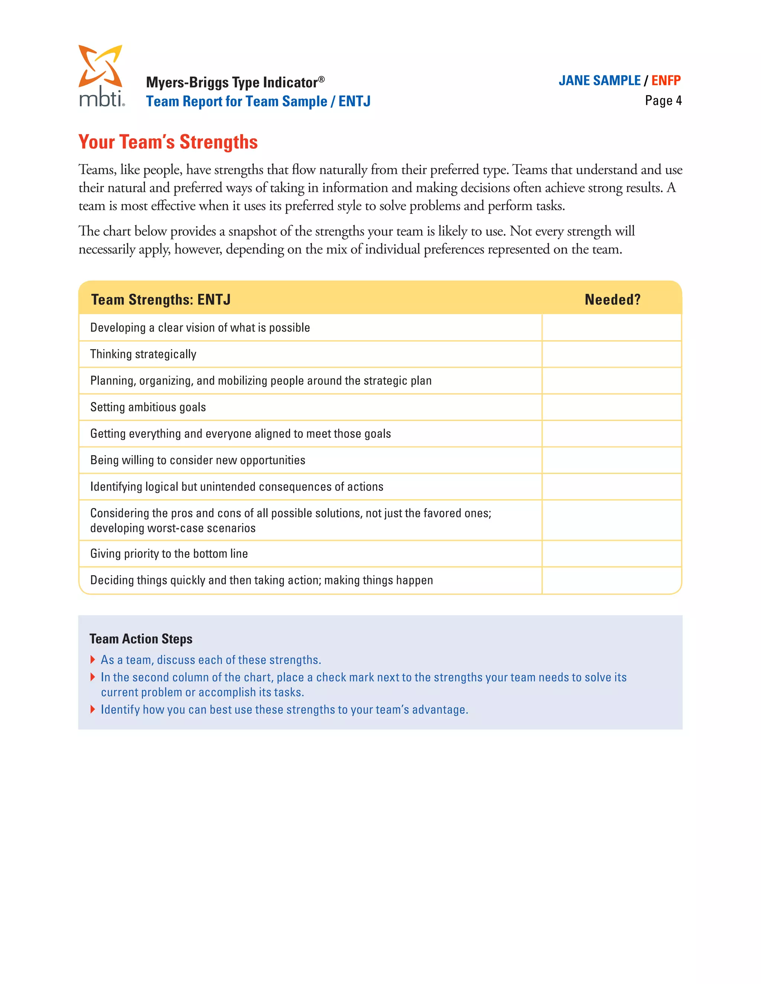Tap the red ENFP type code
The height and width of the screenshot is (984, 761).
click(x=666, y=81)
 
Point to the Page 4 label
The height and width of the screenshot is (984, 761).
click(x=663, y=101)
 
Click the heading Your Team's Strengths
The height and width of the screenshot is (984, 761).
click(x=168, y=142)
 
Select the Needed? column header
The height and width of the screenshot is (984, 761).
click(x=612, y=300)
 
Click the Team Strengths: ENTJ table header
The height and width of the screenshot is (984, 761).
click(x=161, y=300)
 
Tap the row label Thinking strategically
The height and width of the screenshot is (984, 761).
click(x=143, y=354)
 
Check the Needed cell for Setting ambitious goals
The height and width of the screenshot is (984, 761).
click(x=611, y=407)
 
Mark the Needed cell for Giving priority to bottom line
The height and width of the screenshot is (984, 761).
click(x=611, y=554)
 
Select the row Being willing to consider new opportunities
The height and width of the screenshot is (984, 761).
click(x=197, y=460)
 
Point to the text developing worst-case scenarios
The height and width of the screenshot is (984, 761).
click(x=173, y=528)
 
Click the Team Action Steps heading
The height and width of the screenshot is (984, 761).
click(x=141, y=639)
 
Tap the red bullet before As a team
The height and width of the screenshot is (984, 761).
click(x=93, y=659)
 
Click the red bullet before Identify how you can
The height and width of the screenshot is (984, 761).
click(x=93, y=709)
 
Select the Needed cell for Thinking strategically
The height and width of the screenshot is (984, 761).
click(x=611, y=354)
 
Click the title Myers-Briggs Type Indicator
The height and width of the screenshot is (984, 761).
click(x=234, y=82)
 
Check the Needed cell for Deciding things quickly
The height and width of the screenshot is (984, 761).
click(x=611, y=580)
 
